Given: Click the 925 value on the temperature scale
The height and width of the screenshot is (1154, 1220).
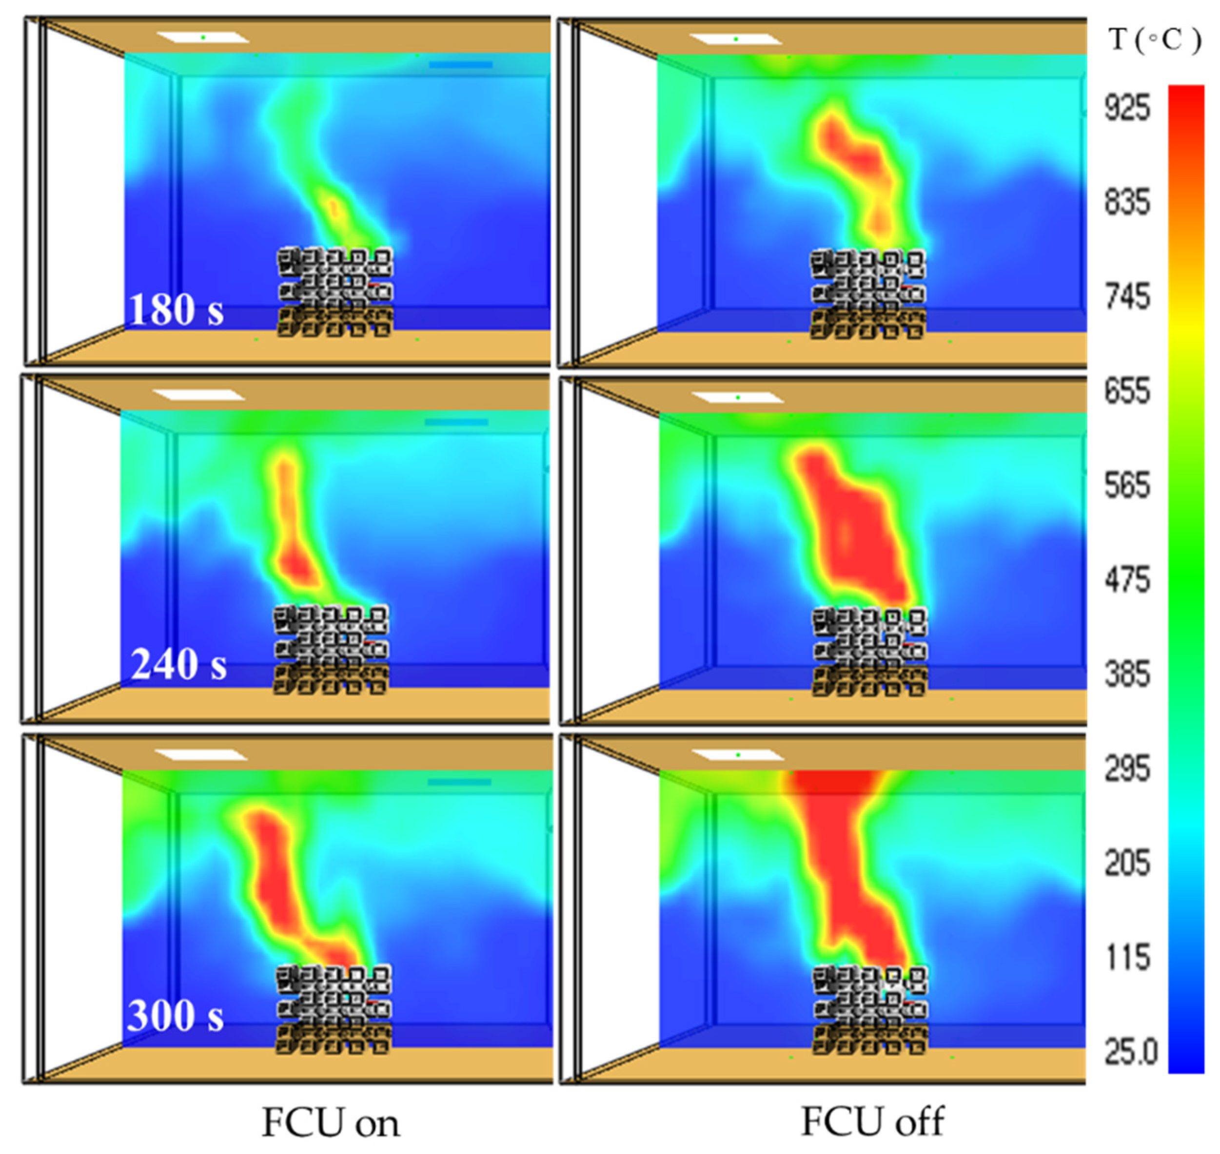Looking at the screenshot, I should pyautogui.click(x=1127, y=110).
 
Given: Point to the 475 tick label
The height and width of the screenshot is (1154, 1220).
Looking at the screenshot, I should pyautogui.click(x=1127, y=581).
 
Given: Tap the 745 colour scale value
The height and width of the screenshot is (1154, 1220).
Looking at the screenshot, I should pyautogui.click(x=1127, y=298).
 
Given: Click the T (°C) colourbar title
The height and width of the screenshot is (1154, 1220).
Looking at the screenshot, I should pyautogui.click(x=1155, y=40).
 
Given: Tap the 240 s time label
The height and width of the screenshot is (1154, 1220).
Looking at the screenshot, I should pyautogui.click(x=178, y=665).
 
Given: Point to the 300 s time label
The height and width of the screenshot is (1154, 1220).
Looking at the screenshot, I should pyautogui.click(x=176, y=1016).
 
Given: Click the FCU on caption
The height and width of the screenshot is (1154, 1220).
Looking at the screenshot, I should pyautogui.click(x=331, y=1123).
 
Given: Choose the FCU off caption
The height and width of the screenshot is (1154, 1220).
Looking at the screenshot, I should pyautogui.click(x=872, y=1121).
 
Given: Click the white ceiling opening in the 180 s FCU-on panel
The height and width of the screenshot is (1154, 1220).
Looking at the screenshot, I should pyautogui.click(x=203, y=38).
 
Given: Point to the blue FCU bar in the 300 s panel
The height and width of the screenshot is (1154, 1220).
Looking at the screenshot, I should pyautogui.click(x=459, y=783).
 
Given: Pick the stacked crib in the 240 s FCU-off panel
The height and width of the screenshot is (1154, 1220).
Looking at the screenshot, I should pyautogui.click(x=870, y=652).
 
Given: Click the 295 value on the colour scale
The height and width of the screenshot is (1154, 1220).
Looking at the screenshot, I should pyautogui.click(x=1127, y=769).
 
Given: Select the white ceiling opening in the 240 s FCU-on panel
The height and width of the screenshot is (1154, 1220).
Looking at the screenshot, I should pyautogui.click(x=199, y=395).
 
